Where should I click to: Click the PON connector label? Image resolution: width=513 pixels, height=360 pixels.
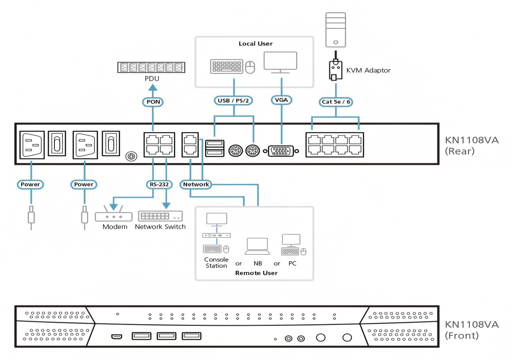tap(153, 102)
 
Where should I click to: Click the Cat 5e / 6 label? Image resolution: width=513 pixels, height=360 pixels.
tap(335, 102)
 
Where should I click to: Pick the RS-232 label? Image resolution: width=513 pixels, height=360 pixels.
tap(160, 184)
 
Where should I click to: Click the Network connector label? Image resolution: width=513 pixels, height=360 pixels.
tap(196, 184)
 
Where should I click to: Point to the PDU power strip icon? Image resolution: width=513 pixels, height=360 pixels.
tap(152, 67)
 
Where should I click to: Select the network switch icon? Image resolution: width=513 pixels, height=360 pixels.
tap(160, 216)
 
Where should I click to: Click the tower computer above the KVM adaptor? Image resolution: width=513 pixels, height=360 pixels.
tap(335, 30)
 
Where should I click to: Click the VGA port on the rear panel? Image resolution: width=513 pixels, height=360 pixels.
tap(281, 151)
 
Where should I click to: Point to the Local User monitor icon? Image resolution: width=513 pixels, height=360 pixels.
tap(280, 63)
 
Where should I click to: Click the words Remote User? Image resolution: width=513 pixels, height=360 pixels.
tap(256, 273)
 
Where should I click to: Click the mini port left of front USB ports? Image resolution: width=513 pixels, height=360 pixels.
tap(117, 336)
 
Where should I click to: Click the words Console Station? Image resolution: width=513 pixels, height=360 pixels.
tap(216, 262)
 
